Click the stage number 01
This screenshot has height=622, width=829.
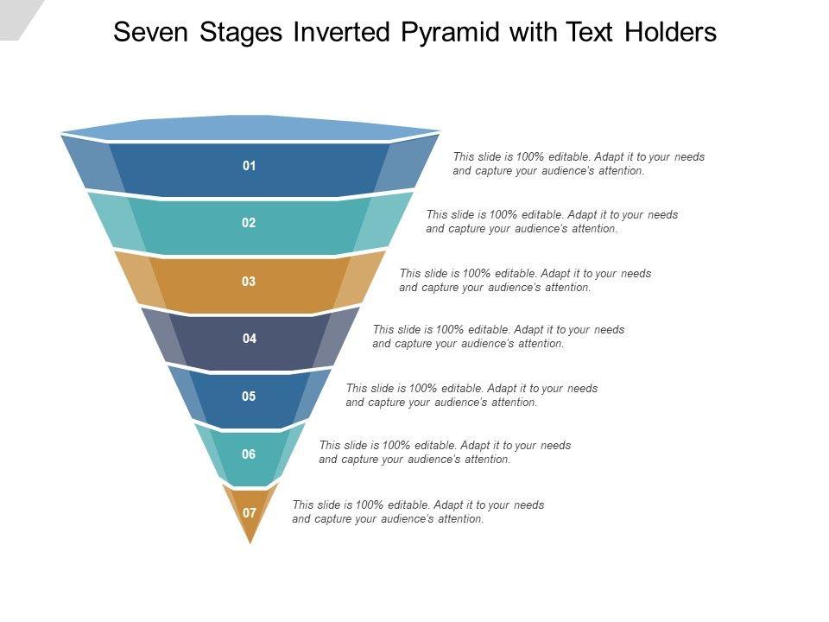(249, 166)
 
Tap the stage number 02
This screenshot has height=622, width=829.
(249, 223)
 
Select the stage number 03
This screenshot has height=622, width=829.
(249, 281)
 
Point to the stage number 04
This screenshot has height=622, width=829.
(250, 339)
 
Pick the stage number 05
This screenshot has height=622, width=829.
(249, 397)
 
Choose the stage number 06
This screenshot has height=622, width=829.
(249, 454)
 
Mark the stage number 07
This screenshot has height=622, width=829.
(250, 512)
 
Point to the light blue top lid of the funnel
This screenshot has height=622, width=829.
(250, 128)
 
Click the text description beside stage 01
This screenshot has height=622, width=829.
(579, 164)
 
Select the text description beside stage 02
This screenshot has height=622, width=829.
(552, 222)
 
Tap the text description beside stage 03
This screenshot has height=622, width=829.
(525, 280)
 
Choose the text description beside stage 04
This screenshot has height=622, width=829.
(498, 336)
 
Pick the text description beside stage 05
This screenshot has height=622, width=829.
(471, 395)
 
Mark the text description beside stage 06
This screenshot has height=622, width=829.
(445, 452)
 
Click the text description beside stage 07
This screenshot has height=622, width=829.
(418, 511)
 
